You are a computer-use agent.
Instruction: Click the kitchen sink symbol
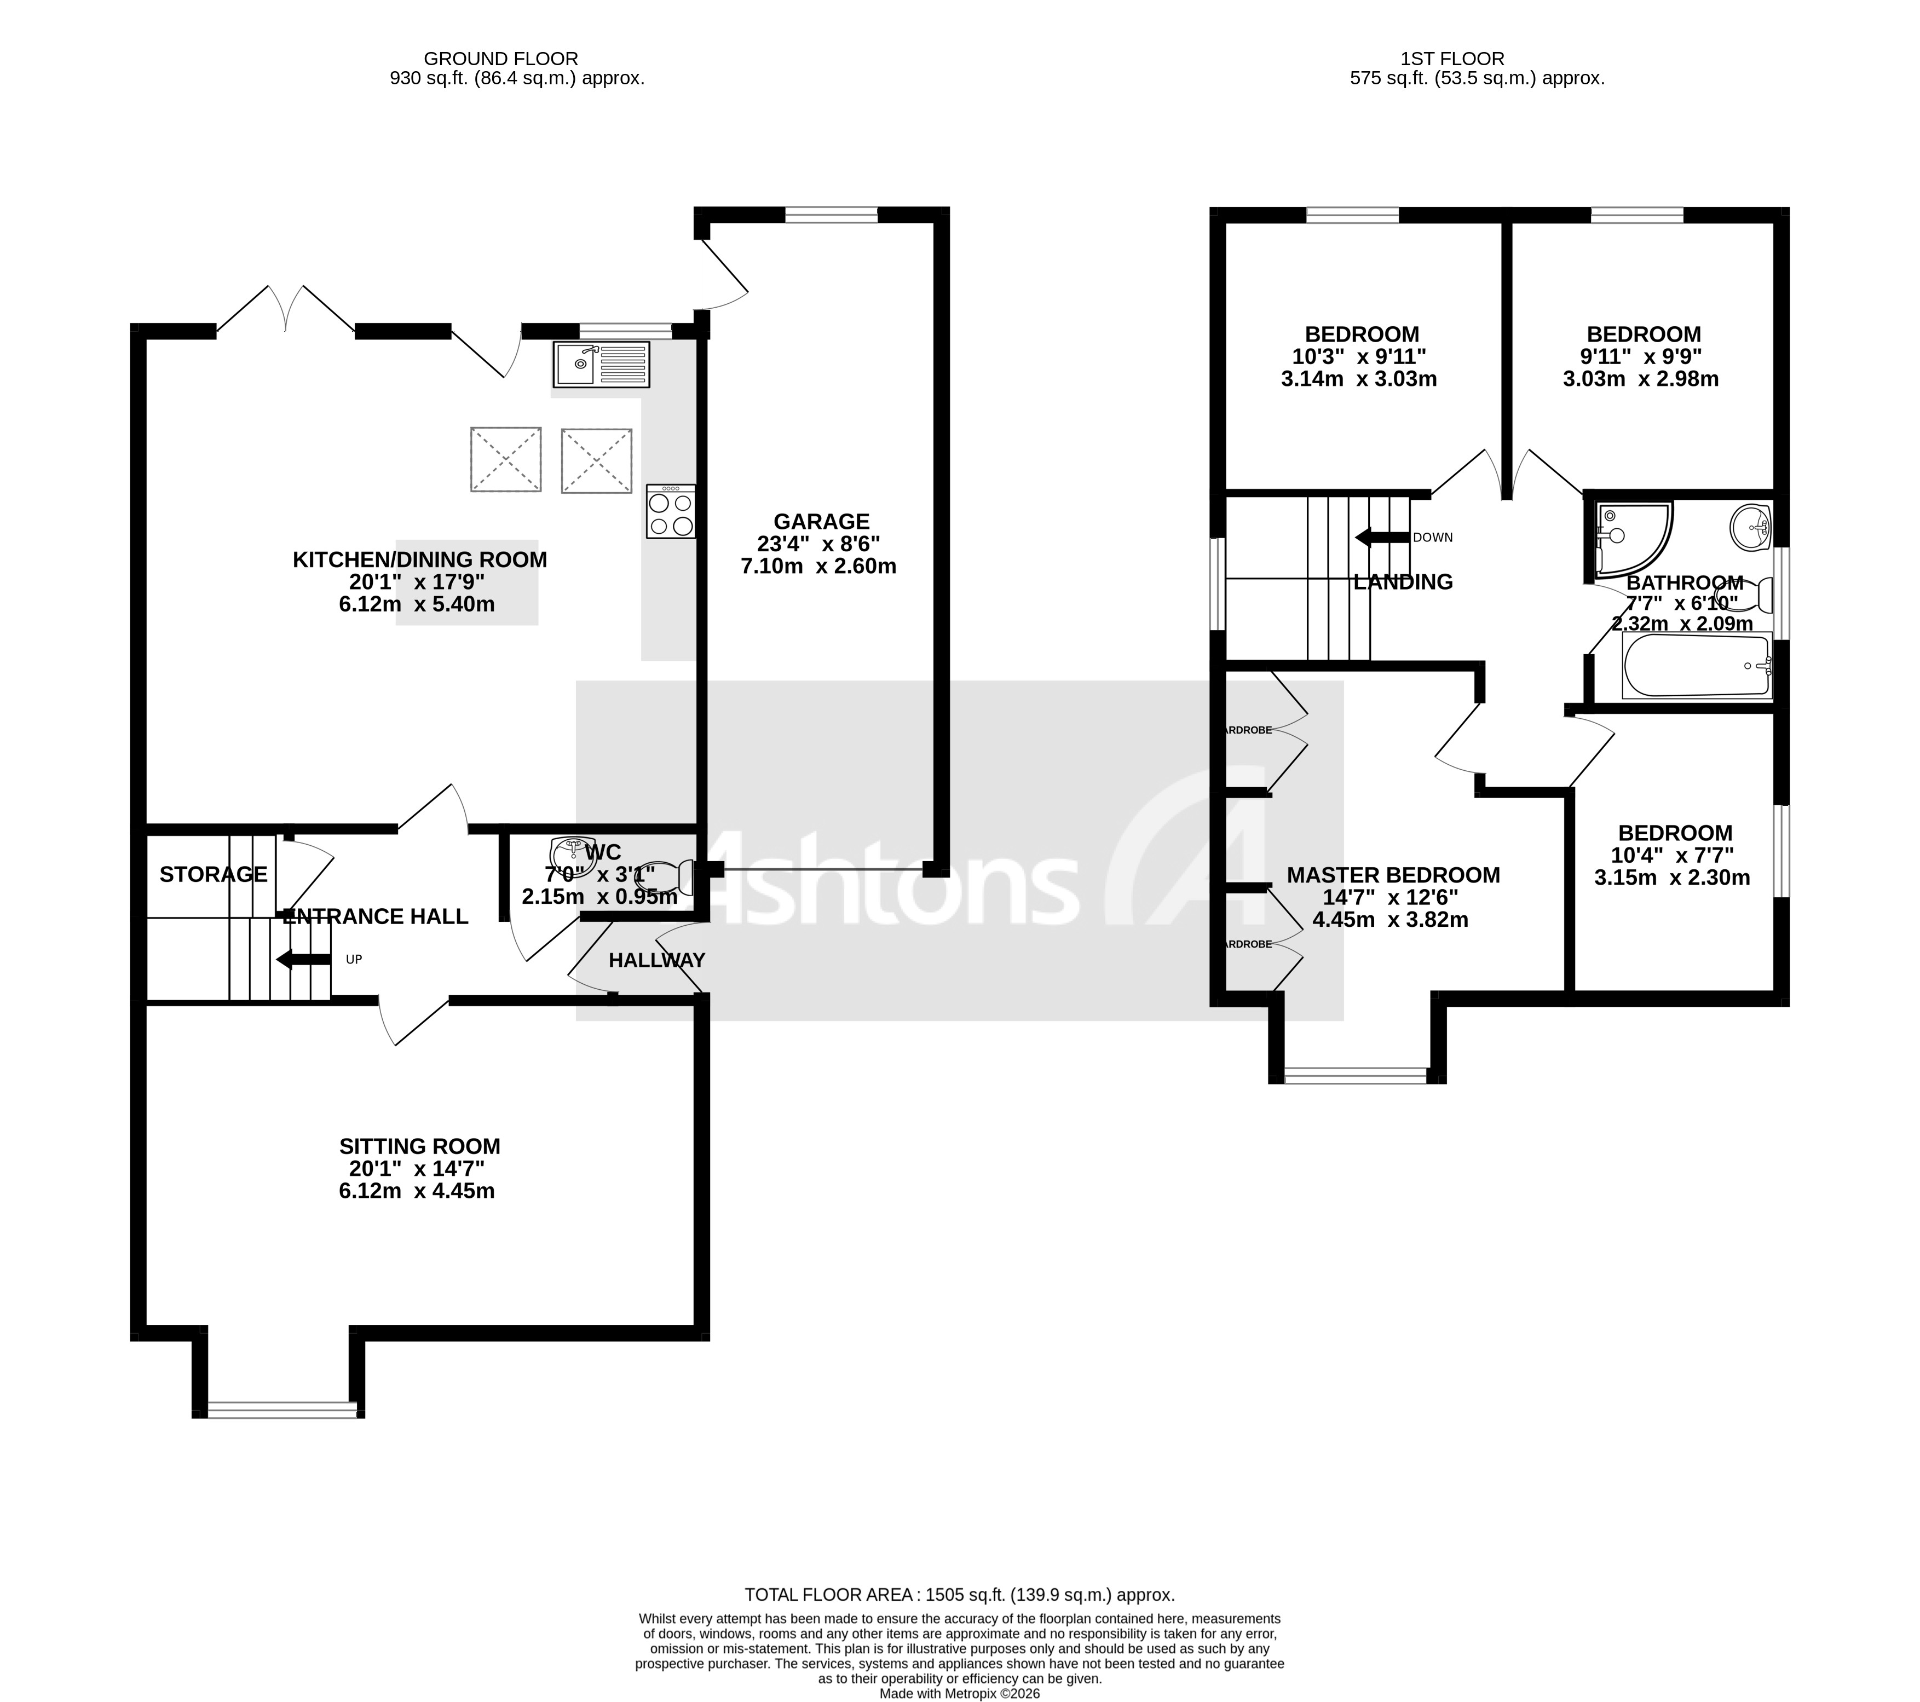pyautogui.click(x=600, y=365)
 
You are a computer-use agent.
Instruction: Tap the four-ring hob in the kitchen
pyautogui.click(x=671, y=512)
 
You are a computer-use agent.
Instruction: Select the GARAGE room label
pyautogui.click(x=821, y=521)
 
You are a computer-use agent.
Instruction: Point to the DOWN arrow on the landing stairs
pyautogui.click(x=1382, y=537)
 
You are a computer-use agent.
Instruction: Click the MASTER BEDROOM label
pyautogui.click(x=1392, y=875)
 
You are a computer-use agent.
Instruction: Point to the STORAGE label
pyautogui.click(x=213, y=874)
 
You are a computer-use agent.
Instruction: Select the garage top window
pyautogui.click(x=831, y=215)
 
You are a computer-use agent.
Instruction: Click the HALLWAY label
pyautogui.click(x=656, y=960)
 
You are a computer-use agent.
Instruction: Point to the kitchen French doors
pyautogui.click(x=286, y=310)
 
